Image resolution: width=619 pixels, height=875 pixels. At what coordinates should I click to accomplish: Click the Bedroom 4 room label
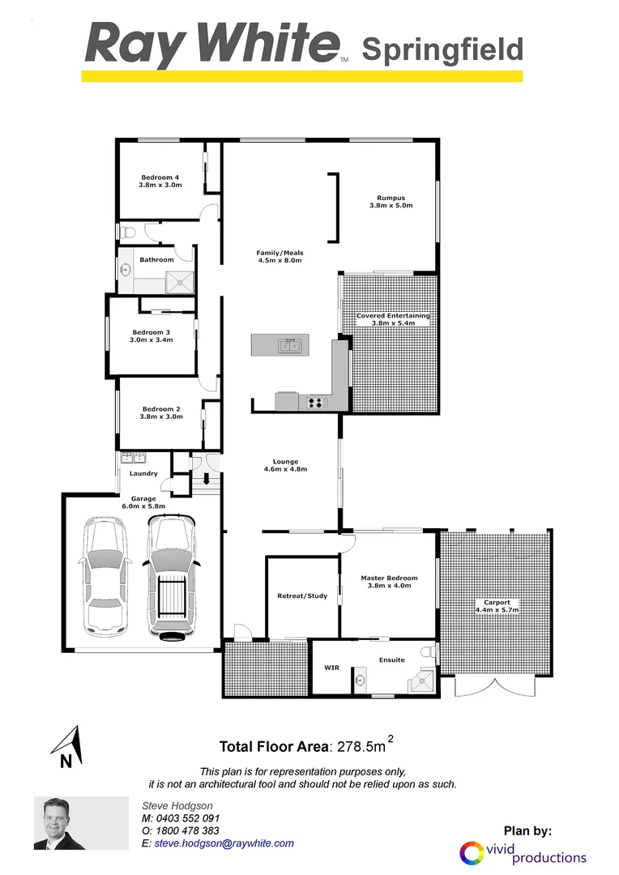160,177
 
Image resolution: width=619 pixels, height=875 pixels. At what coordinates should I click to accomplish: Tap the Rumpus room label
391,198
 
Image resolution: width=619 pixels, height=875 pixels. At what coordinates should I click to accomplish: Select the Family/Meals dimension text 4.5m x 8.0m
280,260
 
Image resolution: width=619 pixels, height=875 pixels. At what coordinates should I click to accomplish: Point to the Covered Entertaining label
393,316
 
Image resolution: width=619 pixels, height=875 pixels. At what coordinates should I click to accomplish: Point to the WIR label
331,668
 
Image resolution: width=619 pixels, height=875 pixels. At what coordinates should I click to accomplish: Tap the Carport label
497,603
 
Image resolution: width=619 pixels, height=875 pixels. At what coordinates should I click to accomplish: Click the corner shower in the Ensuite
420,681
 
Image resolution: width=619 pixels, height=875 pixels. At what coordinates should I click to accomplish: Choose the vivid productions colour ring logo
471,853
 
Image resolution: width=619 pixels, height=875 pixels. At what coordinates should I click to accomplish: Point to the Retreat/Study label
302,596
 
